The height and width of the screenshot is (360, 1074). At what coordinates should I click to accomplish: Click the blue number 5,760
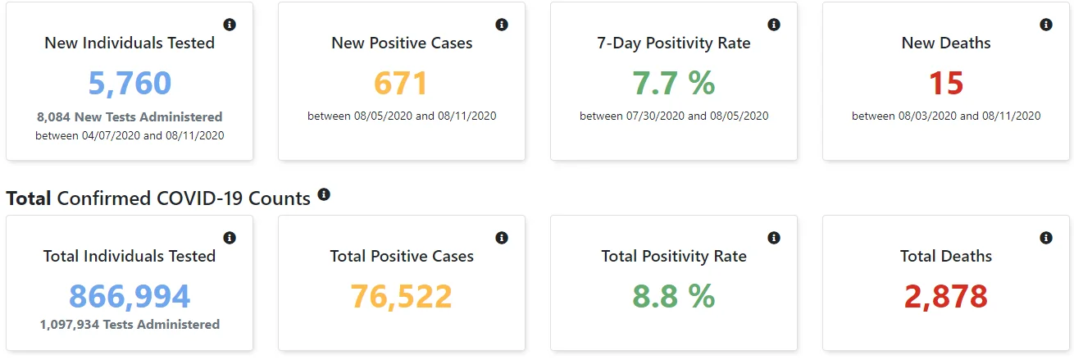pyautogui.click(x=130, y=83)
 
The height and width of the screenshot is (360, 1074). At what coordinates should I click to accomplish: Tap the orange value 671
pyautogui.click(x=401, y=83)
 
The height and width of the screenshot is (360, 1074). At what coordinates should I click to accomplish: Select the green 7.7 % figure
pyautogui.click(x=674, y=83)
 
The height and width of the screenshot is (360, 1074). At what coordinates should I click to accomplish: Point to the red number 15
pyautogui.click(x=946, y=83)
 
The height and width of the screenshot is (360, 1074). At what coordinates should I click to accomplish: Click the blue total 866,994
pyautogui.click(x=130, y=296)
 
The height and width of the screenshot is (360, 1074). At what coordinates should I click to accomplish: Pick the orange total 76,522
pyautogui.click(x=401, y=296)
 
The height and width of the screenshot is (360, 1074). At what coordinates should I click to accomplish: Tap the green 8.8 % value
pyautogui.click(x=674, y=296)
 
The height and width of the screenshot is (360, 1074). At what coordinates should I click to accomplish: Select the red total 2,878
pyautogui.click(x=946, y=296)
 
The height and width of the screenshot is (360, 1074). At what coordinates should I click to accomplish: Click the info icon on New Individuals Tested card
pyautogui.click(x=230, y=25)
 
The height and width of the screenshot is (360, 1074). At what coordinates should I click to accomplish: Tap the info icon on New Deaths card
pyautogui.click(x=1046, y=25)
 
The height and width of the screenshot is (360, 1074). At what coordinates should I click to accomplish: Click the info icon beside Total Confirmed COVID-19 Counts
pyautogui.click(x=324, y=194)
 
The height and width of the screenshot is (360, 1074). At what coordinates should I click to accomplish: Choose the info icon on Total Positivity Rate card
pyautogui.click(x=774, y=238)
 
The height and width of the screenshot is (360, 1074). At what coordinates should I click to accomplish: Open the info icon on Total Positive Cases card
pyautogui.click(x=502, y=238)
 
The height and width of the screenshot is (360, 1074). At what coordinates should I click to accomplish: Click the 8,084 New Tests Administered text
pyautogui.click(x=130, y=117)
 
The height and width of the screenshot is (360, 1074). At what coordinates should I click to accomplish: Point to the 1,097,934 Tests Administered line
pyautogui.click(x=130, y=325)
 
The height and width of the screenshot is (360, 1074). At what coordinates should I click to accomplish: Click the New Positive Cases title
pyautogui.click(x=402, y=43)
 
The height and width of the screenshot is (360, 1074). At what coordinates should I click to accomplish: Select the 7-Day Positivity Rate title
pyautogui.click(x=674, y=43)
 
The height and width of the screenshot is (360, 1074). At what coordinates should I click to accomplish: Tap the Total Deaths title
pyautogui.click(x=946, y=256)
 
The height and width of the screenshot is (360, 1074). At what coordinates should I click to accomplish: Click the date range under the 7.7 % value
pyautogui.click(x=674, y=116)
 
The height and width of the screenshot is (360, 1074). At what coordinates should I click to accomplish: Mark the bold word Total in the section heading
pyautogui.click(x=29, y=198)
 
